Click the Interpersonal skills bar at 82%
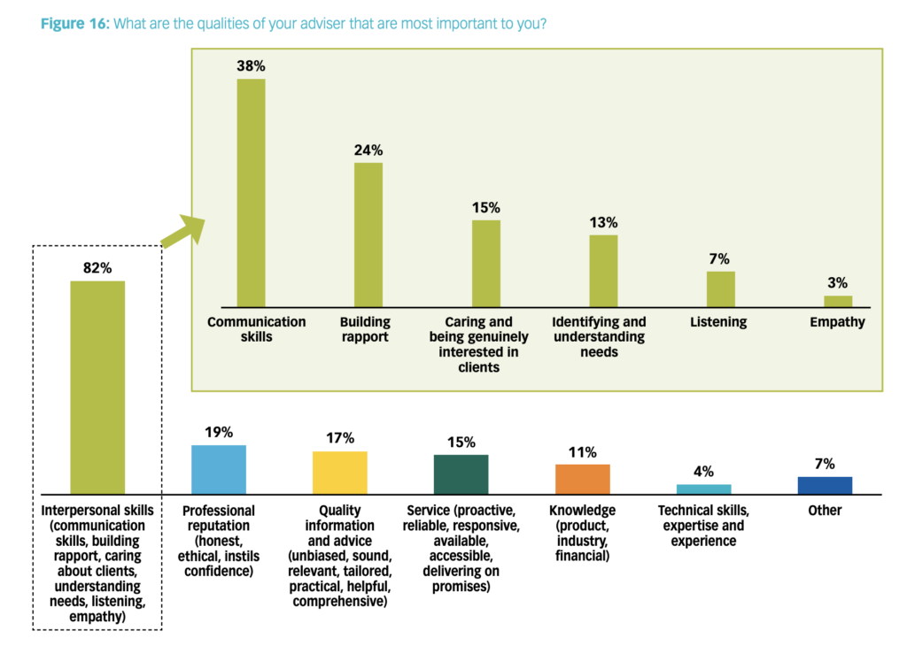click(97, 387)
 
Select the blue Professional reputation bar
click(219, 469)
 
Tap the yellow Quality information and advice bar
click(340, 472)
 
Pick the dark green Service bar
click(461, 473)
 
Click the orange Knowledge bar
click(582, 479)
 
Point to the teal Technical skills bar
click(703, 489)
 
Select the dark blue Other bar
click(825, 485)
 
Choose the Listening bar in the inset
click(720, 289)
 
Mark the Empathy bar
click(838, 301)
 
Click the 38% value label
click(251, 65)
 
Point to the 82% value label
click(97, 268)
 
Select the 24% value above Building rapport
click(368, 149)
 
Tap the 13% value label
click(603, 222)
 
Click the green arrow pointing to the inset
click(182, 232)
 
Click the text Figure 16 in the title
click(74, 23)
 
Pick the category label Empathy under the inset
click(837, 322)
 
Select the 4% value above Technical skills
click(703, 472)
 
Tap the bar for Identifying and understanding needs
click(603, 271)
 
